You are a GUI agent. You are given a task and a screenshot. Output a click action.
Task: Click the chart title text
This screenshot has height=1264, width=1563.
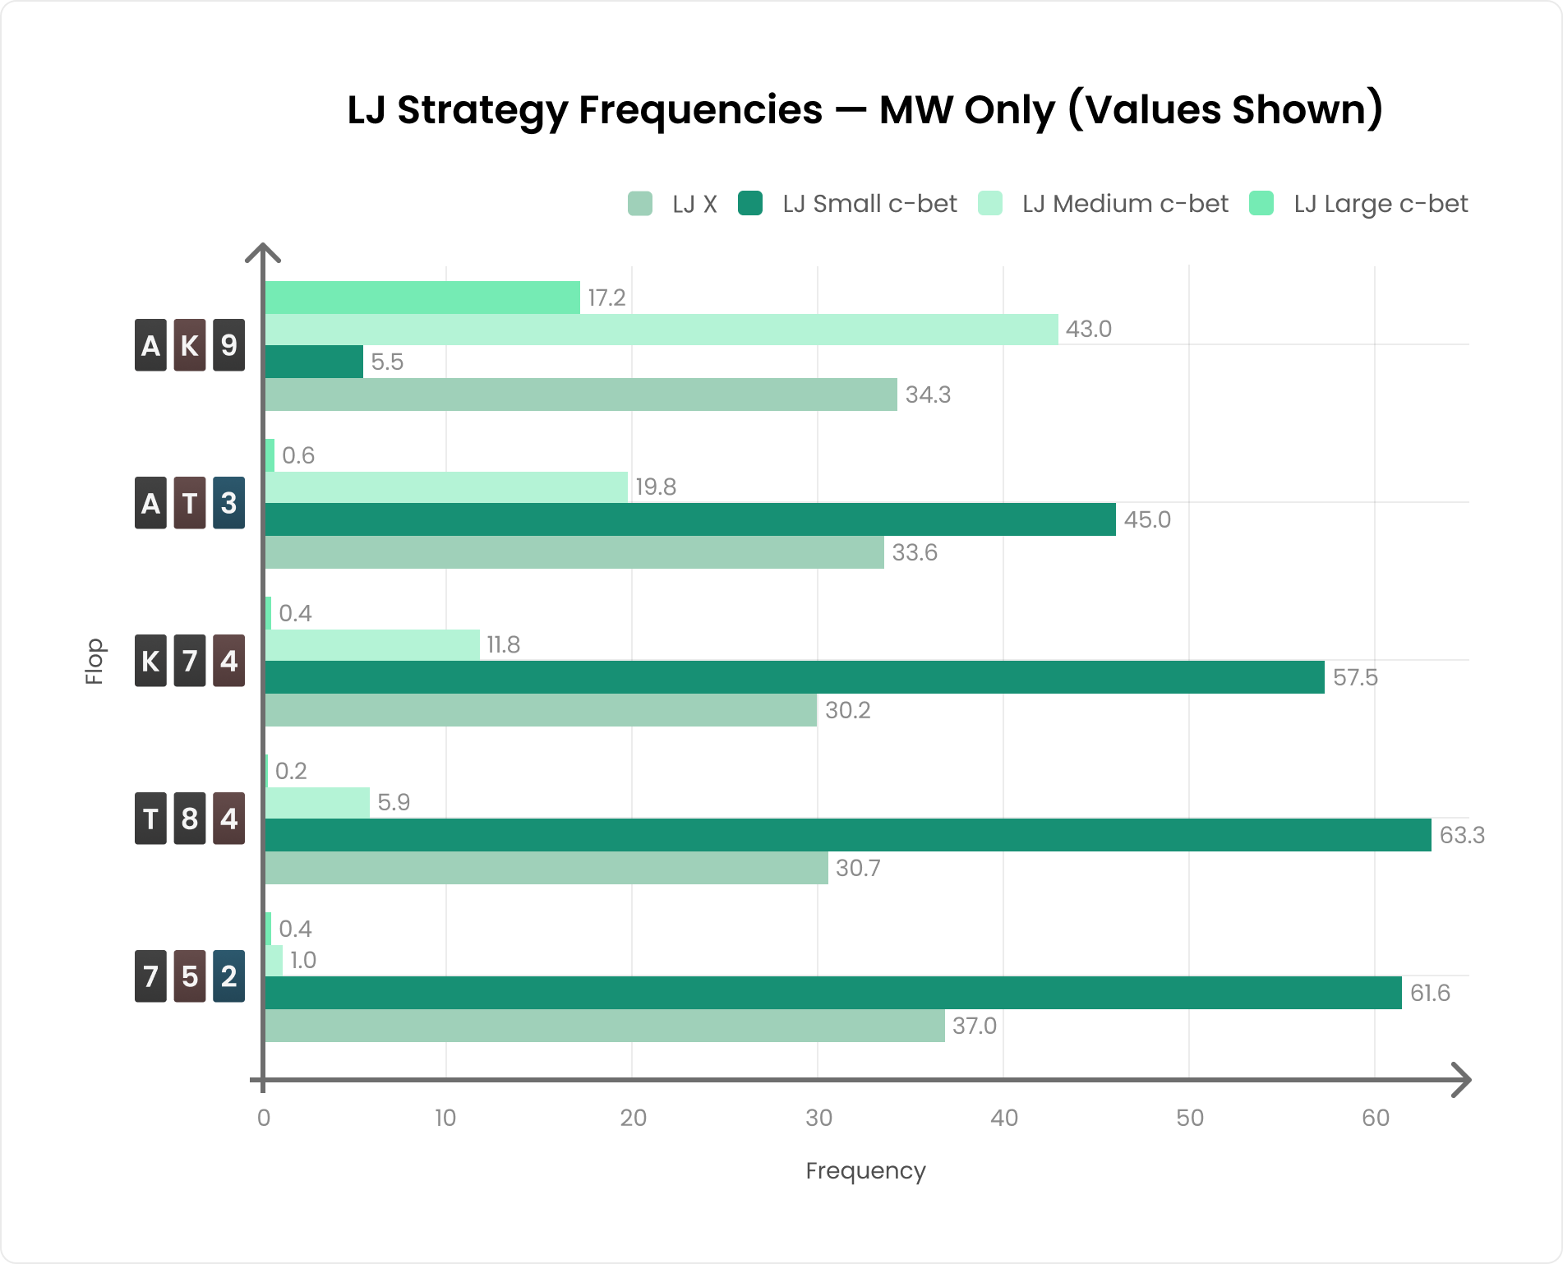864,110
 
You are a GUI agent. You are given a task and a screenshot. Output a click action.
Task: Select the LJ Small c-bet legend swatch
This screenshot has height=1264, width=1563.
750,204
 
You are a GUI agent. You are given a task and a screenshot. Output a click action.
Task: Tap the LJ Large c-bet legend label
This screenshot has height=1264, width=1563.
1380,204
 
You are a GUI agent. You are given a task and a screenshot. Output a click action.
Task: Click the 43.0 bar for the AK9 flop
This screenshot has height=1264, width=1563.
662,330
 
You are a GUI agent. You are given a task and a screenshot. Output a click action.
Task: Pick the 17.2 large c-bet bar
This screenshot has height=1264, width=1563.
422,298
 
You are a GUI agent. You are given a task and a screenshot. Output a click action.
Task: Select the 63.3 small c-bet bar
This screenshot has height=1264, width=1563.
847,835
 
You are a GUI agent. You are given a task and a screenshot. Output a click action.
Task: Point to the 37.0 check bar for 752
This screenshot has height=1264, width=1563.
605,1026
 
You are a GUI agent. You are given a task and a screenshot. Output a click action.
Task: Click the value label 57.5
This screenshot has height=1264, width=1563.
1355,678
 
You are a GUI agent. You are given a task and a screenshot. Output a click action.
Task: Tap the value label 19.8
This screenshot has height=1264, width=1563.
656,487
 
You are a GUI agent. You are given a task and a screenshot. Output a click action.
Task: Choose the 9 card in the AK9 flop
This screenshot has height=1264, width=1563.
229,345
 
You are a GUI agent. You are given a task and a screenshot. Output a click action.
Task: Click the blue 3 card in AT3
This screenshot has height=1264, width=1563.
229,503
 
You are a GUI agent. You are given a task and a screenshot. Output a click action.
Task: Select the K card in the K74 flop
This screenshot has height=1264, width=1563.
150,661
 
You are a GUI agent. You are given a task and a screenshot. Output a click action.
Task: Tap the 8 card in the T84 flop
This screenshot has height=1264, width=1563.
190,819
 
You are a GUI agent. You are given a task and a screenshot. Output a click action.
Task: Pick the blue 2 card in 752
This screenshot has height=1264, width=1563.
229,976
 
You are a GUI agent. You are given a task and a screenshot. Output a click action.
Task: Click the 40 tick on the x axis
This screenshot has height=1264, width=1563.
1003,1118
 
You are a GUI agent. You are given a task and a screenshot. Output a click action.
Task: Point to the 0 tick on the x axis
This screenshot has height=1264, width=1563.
264,1118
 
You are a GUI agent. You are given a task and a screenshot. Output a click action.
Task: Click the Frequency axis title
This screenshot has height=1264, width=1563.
865,1170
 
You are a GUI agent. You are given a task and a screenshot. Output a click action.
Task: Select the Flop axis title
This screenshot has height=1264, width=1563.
95,661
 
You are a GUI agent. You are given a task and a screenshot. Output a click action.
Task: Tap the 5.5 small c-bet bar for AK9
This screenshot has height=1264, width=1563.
314,362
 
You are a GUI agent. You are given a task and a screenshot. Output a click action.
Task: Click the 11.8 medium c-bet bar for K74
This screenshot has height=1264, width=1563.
372,645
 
